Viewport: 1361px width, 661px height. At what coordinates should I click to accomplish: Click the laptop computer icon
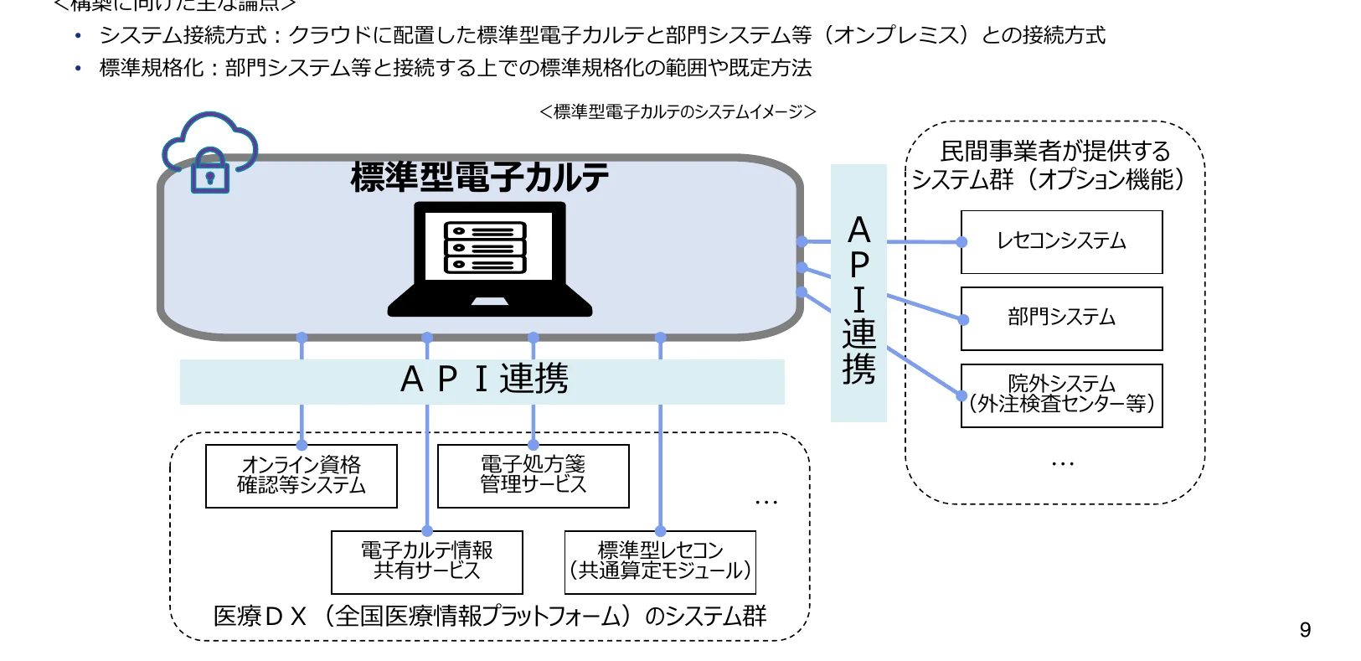(x=490, y=259)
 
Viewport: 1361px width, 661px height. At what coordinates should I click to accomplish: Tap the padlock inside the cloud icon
(x=210, y=173)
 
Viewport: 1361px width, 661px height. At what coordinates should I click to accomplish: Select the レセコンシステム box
(x=1061, y=241)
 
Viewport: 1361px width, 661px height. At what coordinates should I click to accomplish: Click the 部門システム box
(x=1061, y=318)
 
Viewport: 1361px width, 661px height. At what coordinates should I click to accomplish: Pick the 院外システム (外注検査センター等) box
(x=1061, y=395)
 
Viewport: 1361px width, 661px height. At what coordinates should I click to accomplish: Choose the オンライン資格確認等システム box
(x=301, y=475)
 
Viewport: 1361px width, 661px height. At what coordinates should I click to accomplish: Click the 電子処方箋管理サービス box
(x=533, y=475)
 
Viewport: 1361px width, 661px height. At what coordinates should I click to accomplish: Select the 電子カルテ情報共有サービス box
(x=426, y=561)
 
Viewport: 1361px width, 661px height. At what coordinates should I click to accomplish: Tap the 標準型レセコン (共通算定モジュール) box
(x=660, y=561)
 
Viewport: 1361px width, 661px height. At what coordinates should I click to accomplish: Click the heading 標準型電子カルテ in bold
(x=479, y=178)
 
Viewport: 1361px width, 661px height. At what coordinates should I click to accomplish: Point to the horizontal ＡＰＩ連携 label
(x=483, y=380)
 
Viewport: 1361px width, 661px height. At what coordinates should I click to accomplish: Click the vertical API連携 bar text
(x=858, y=300)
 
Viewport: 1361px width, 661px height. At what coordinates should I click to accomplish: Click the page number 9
(x=1305, y=630)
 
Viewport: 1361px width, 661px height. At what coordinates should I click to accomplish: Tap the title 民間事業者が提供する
(x=1054, y=152)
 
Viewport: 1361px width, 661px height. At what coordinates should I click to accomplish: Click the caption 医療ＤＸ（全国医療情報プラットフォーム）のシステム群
(x=490, y=617)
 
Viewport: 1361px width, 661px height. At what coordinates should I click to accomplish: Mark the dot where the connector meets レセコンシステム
(x=962, y=242)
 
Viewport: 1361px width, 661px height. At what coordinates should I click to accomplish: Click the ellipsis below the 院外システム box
(x=1062, y=463)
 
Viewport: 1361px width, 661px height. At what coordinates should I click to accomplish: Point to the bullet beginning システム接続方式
(x=601, y=35)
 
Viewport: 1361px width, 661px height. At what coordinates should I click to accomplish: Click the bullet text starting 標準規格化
(x=455, y=68)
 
